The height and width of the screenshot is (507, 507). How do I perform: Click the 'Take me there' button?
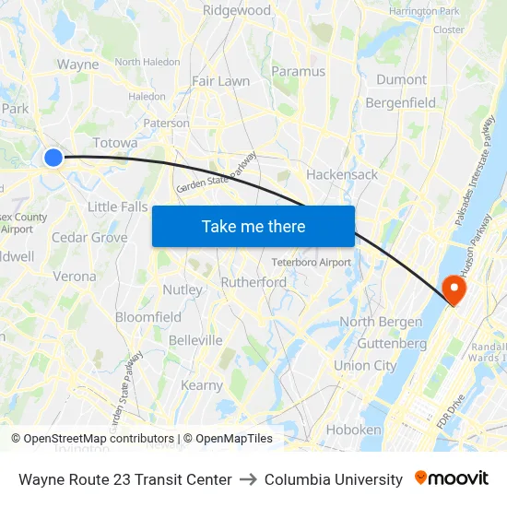point(253,226)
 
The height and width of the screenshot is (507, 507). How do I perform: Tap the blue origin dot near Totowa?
point(53,158)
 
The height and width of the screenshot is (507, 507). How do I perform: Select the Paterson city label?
point(166,123)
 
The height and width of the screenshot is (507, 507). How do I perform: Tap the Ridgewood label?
point(237,11)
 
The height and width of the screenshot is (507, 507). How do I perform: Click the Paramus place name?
point(299,71)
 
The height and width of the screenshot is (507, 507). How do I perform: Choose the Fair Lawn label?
point(220,81)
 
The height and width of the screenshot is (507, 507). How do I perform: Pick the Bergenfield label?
point(401,102)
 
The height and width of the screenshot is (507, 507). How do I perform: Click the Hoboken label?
point(353,430)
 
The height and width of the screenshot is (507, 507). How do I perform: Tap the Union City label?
point(365,365)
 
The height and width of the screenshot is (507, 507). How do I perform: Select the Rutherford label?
point(253,282)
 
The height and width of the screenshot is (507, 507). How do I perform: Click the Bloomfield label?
point(148,317)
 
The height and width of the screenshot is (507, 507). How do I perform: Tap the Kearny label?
point(202,385)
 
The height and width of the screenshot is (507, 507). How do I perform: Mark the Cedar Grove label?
point(89,237)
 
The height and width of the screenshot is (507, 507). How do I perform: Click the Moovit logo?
point(452,478)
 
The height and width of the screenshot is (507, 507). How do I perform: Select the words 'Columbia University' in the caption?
point(334,479)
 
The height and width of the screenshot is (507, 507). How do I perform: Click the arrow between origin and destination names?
point(248,479)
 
